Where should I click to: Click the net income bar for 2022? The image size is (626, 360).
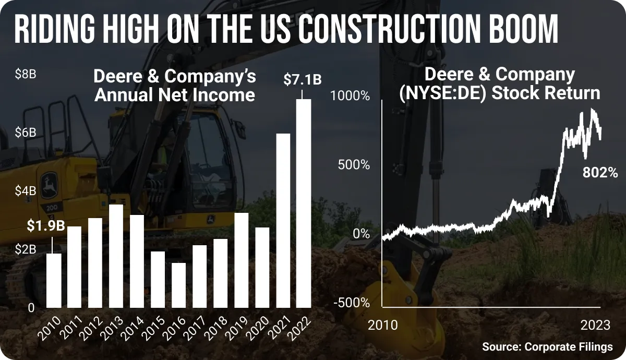point(304,203)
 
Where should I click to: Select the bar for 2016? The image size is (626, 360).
point(178,285)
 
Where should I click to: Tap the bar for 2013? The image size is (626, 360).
point(116,256)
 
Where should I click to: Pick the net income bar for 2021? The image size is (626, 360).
point(283,221)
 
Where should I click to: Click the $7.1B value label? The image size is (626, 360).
point(303,79)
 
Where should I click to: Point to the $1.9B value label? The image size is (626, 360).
point(46,225)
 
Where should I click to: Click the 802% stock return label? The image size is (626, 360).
point(600,173)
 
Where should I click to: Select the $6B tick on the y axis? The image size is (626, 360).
point(26,133)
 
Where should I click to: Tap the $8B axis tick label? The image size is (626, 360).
point(26,74)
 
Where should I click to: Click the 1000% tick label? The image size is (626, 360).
point(350,96)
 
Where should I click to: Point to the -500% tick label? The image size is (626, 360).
point(352,303)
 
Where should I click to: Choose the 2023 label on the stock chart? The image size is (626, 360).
point(595,325)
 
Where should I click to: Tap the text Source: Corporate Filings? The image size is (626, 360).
point(547,347)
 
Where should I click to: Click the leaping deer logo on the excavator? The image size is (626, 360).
point(49,185)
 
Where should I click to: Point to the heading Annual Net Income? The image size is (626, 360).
point(175,95)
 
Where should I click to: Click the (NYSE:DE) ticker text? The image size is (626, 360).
point(444,93)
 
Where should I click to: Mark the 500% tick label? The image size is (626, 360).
point(354,165)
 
